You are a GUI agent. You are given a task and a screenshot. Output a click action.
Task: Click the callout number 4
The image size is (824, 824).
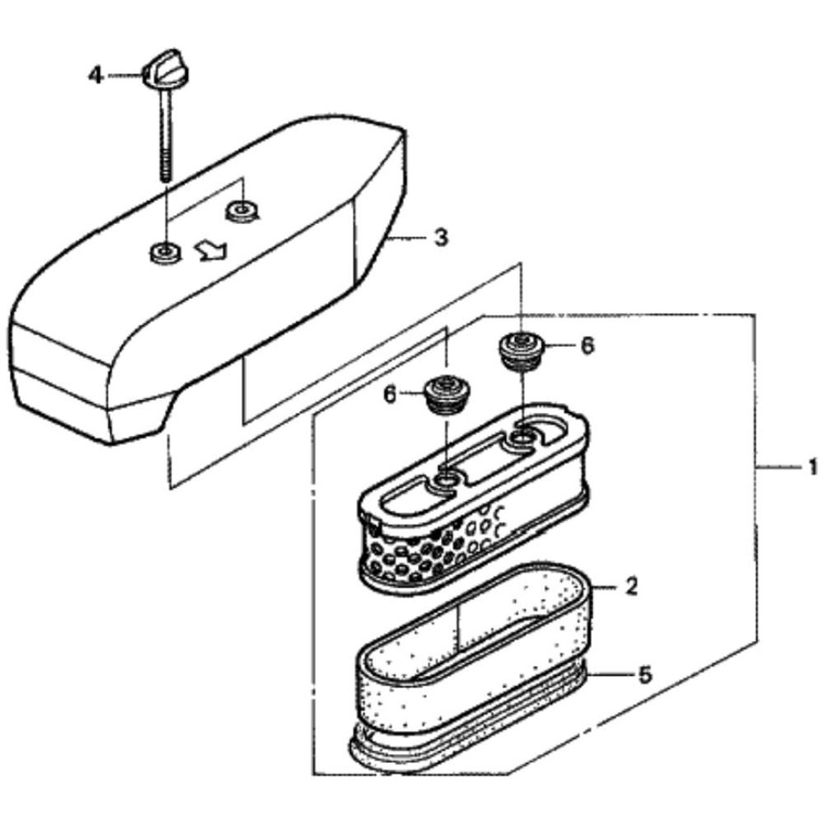pyautogui.click(x=96, y=76)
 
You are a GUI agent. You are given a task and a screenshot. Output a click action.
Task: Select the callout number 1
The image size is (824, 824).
pyautogui.click(x=811, y=467)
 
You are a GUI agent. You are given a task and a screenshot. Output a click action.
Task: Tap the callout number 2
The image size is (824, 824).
pyautogui.click(x=630, y=588)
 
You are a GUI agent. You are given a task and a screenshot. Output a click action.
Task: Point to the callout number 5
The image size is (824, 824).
pyautogui.click(x=644, y=674)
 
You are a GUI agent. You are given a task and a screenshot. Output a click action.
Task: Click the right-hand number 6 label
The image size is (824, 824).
pyautogui.click(x=586, y=347)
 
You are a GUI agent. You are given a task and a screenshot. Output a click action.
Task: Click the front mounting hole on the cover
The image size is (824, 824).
pyautogui.click(x=162, y=250)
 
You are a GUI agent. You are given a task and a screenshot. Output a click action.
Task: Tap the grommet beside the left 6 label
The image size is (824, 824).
pyautogui.click(x=446, y=392)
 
